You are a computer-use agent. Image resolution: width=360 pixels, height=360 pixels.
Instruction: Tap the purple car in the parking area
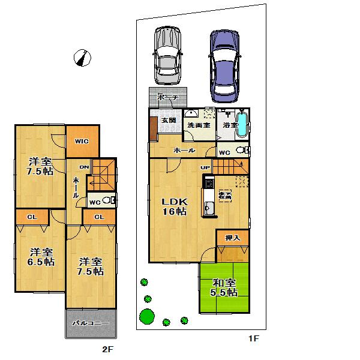(225, 64)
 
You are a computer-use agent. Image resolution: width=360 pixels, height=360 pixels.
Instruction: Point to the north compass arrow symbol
(83, 58)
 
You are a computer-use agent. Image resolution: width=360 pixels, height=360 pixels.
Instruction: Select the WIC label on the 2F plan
(82, 142)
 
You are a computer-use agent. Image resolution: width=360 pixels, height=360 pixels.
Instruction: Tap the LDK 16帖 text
(175, 206)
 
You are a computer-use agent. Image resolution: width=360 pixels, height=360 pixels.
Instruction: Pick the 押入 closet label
(232, 238)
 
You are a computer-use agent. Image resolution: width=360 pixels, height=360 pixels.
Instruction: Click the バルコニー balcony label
(90, 323)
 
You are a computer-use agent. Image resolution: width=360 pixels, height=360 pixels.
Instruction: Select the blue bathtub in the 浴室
(242, 124)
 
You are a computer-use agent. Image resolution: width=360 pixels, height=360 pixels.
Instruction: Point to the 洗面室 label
(197, 126)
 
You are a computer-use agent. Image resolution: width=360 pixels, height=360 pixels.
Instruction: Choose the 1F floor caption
(254, 340)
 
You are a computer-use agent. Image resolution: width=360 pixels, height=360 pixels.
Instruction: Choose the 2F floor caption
(107, 349)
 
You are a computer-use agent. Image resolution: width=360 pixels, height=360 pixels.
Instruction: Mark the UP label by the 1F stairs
(205, 167)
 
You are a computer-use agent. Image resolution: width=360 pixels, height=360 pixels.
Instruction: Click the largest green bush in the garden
(147, 315)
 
